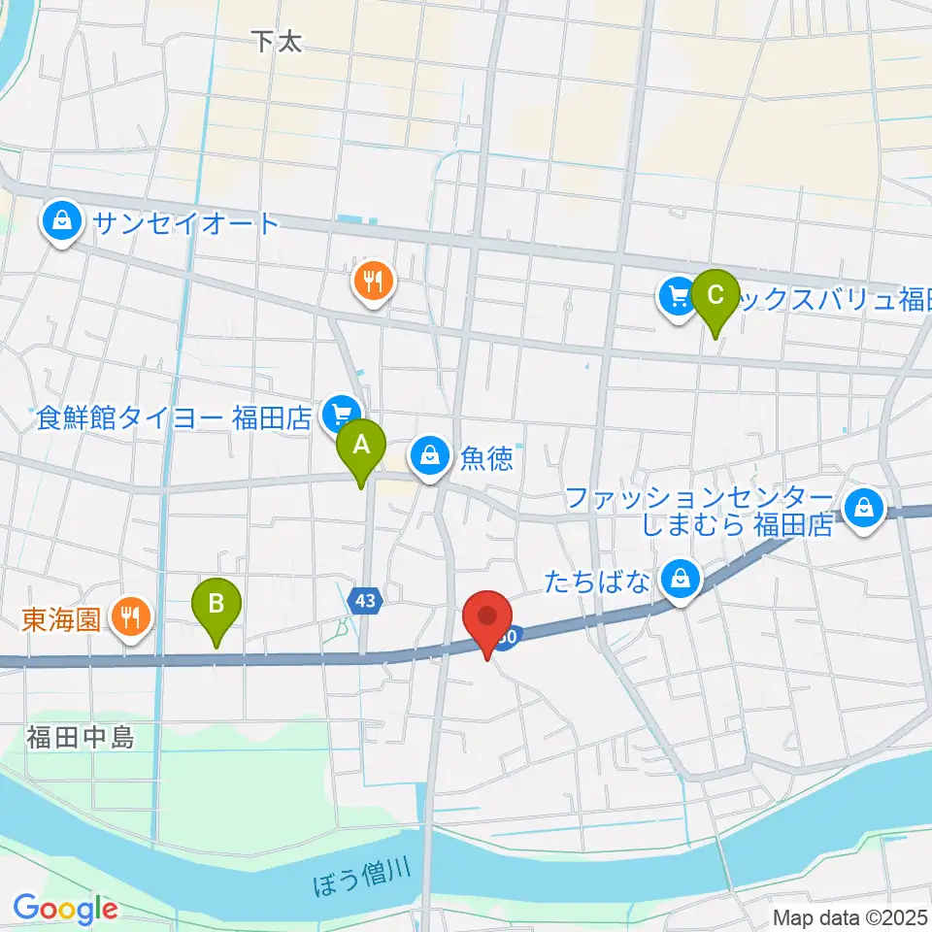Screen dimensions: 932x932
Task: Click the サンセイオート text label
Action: pos(185,223)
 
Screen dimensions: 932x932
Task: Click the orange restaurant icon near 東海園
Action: pos(128,616)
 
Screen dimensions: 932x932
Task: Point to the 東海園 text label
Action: pos(62,618)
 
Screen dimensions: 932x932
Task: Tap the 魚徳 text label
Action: pos(486,457)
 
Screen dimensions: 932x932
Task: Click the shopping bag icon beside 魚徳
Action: pos(428,454)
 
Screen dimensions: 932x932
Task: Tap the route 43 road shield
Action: pos(364,602)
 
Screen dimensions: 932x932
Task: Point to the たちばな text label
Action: pos(608,582)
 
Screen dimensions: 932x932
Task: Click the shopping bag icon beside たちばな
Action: pos(682,580)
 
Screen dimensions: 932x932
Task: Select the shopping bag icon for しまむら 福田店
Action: pos(861,507)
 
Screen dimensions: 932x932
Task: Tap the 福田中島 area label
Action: pos(80,738)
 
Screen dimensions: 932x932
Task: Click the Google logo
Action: pos(65,909)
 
